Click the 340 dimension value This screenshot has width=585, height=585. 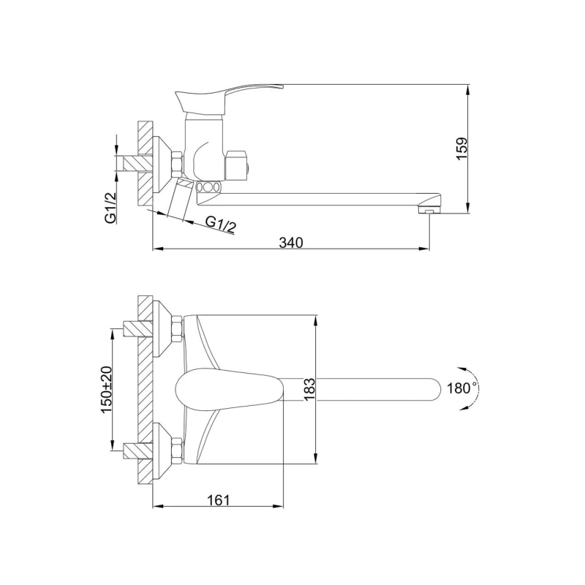(x=291, y=242)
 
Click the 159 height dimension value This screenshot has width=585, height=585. (x=461, y=149)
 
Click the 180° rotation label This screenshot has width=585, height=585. (x=461, y=388)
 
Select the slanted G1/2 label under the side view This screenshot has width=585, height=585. (x=220, y=224)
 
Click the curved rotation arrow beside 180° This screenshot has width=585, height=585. (x=477, y=388)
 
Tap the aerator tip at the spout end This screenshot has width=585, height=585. (x=427, y=210)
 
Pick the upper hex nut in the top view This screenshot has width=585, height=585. (x=176, y=327)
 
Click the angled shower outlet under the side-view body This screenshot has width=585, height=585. (x=180, y=199)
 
